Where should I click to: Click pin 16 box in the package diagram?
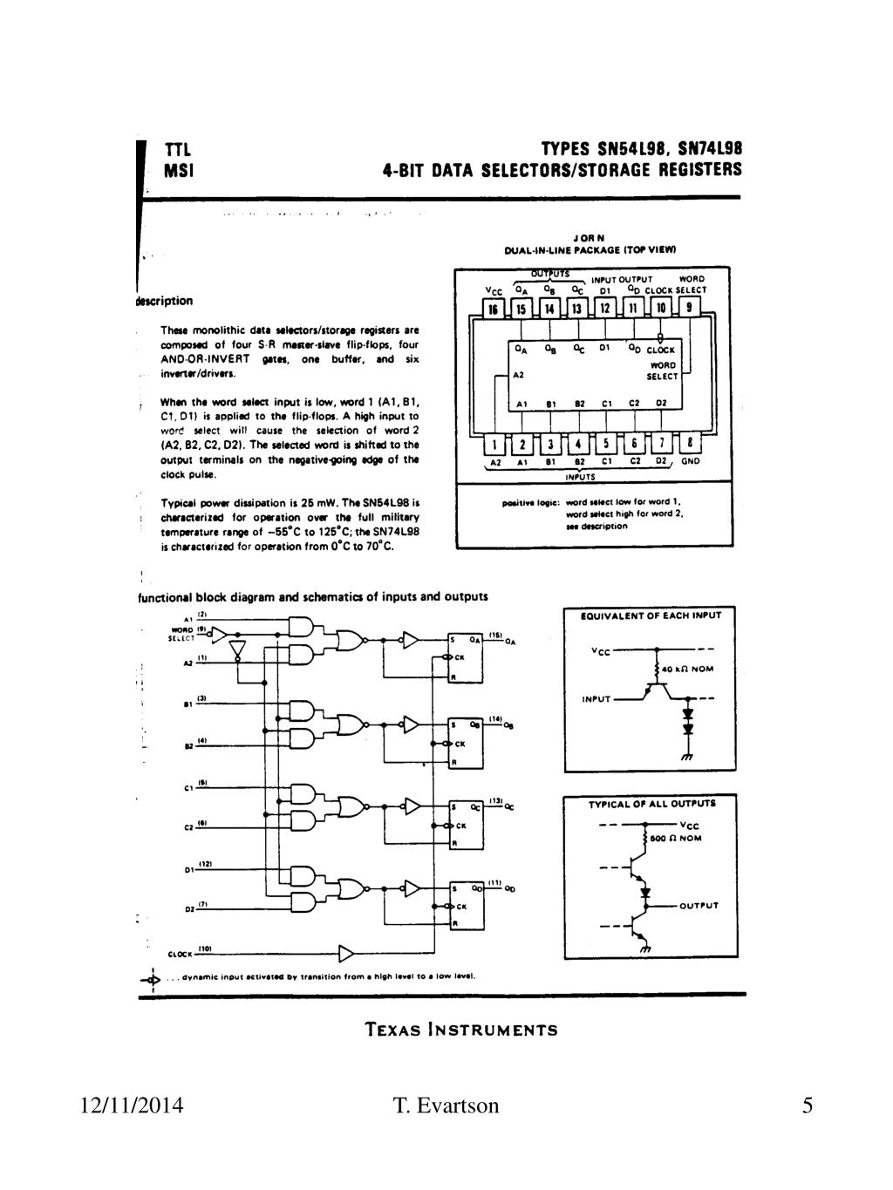pos(494,309)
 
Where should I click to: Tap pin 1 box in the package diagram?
pos(494,445)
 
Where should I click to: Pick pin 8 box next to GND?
pos(690,445)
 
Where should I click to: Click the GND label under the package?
pos(691,462)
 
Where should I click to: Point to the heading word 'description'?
pos(165,301)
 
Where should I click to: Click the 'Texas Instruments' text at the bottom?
pos(461,1030)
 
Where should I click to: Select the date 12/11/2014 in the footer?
pos(132,1106)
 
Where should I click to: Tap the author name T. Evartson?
pos(446,1106)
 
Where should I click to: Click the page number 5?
pos(808,1106)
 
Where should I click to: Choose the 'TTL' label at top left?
pos(178,150)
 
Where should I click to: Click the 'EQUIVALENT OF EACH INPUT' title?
pos(651,615)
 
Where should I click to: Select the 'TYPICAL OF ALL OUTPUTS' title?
pos(651,803)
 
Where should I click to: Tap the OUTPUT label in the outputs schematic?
pos(699,905)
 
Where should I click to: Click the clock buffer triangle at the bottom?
pos(346,951)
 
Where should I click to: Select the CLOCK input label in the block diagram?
pos(180,954)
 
